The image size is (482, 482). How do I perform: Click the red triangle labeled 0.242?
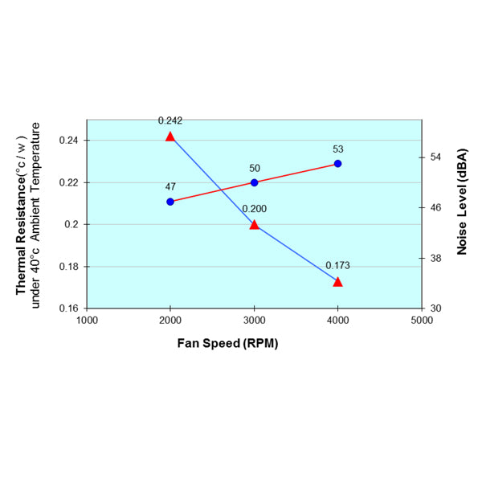[170, 137]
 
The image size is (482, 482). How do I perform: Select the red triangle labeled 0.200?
[254, 225]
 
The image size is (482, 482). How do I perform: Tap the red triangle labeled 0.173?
[337, 282]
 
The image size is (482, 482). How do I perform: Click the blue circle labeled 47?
[170, 202]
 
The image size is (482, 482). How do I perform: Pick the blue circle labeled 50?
[255, 182]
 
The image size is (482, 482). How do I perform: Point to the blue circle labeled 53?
[337, 164]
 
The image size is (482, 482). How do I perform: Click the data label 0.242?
[170, 120]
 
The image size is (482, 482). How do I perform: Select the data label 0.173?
[337, 265]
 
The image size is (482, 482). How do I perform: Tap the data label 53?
[338, 149]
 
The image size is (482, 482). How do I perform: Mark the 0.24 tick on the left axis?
[70, 141]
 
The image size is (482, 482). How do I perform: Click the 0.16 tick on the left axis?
[70, 308]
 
